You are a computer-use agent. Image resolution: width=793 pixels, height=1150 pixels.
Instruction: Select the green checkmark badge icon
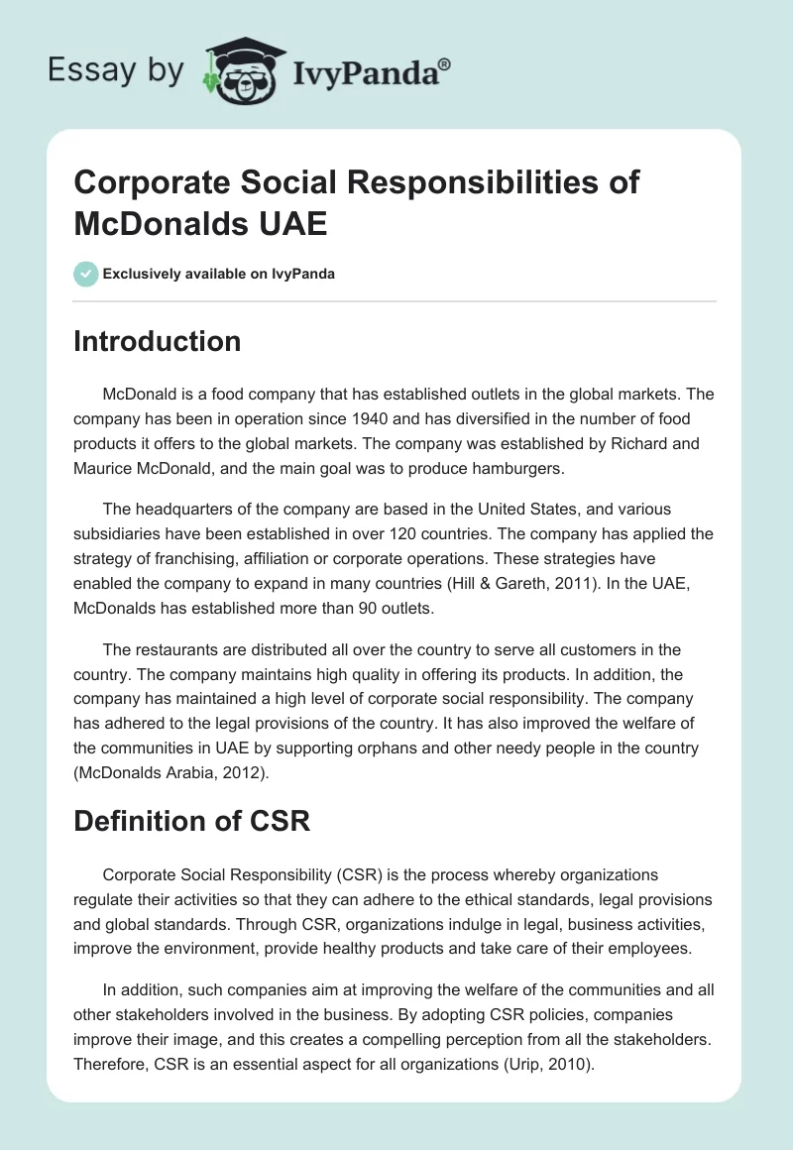pyautogui.click(x=86, y=274)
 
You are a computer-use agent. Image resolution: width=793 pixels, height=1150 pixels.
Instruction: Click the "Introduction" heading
pyautogui.click(x=158, y=341)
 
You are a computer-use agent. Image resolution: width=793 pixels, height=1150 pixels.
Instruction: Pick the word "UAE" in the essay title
pyautogui.click(x=292, y=223)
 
